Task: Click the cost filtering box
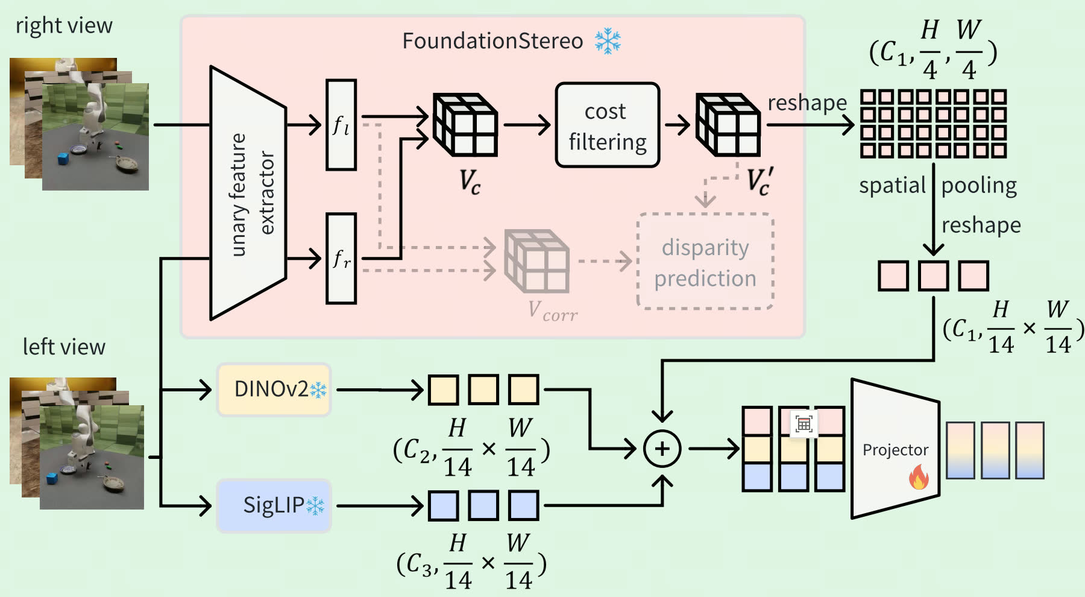pos(607,125)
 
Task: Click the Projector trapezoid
pos(895,449)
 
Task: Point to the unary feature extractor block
pos(248,193)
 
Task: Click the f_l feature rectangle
pos(341,125)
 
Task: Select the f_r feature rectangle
pos(341,258)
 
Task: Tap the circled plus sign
pos(662,449)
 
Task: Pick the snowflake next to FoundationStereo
pos(608,41)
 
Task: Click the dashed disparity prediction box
pos(705,262)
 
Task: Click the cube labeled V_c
pos(465,125)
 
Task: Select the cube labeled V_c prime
pos(728,125)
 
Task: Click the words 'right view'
pos(64,26)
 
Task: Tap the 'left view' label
pos(64,347)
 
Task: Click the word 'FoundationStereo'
pos(492,41)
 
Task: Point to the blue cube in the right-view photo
pos(63,159)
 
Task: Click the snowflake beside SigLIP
pos(315,506)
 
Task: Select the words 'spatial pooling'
pos(938,186)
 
